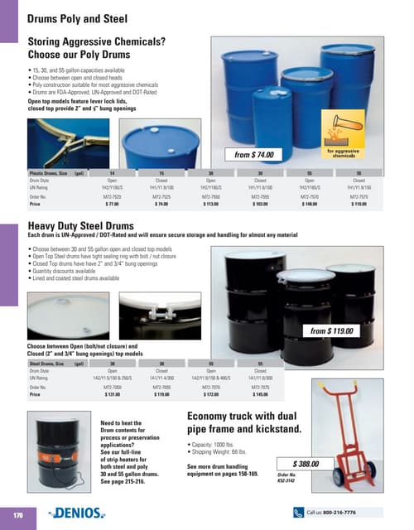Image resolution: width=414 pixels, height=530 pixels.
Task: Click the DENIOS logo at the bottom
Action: (x=92, y=513)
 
